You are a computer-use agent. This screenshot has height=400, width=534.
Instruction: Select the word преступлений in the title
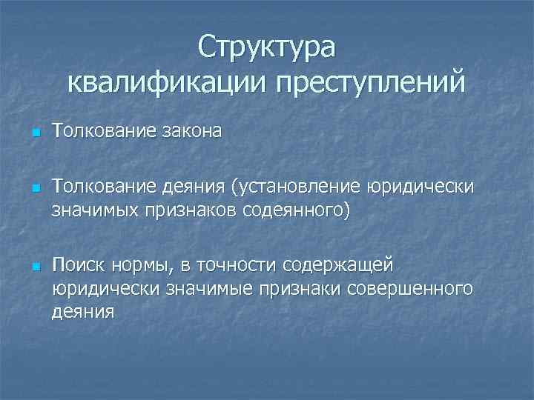(x=372, y=81)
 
